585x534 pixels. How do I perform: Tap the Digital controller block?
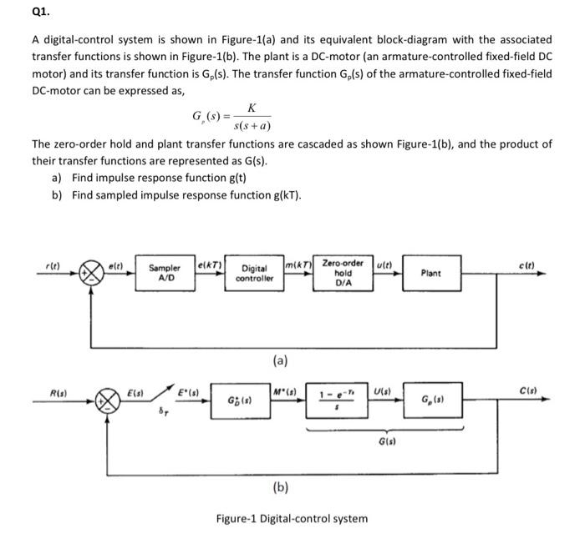[x=253, y=274]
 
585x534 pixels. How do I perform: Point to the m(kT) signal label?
[x=298, y=264]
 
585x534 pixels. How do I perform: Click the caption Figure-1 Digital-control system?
[x=292, y=518]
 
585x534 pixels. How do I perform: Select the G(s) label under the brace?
[x=387, y=441]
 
